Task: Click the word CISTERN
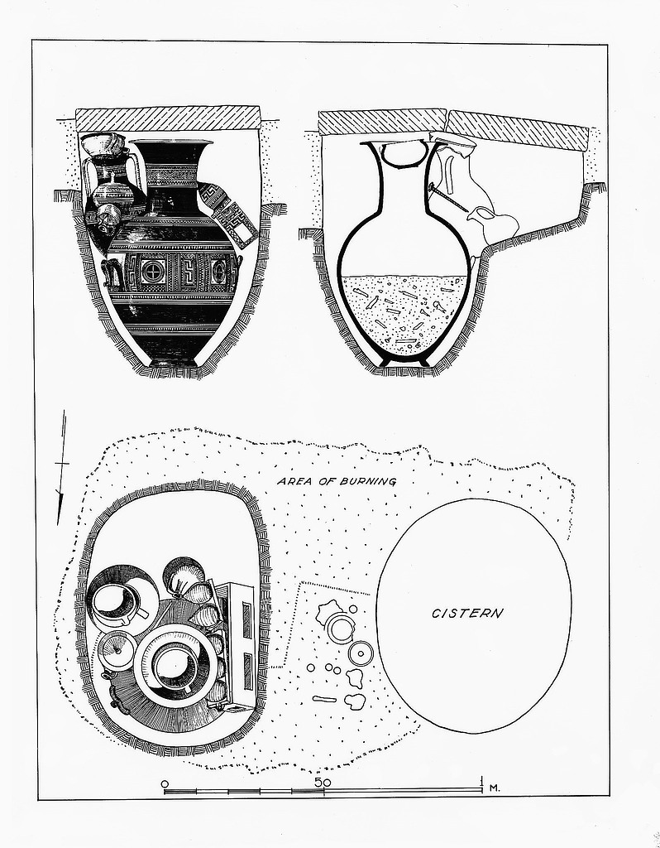point(467,614)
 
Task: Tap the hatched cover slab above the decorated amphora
point(169,118)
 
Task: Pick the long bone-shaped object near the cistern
point(324,699)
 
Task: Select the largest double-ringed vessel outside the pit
point(338,629)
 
